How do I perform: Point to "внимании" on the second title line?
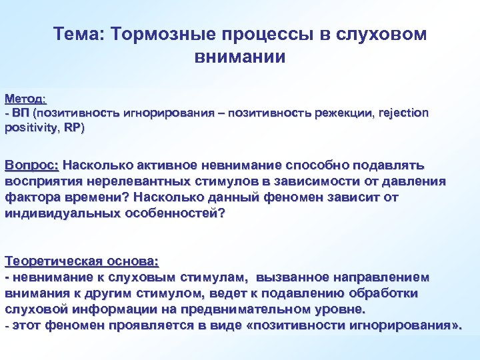coord(239,57)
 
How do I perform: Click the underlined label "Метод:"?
coord(25,99)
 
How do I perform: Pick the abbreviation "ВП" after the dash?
coord(20,113)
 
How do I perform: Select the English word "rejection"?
coord(403,113)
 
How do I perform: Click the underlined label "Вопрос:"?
coord(32,165)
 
